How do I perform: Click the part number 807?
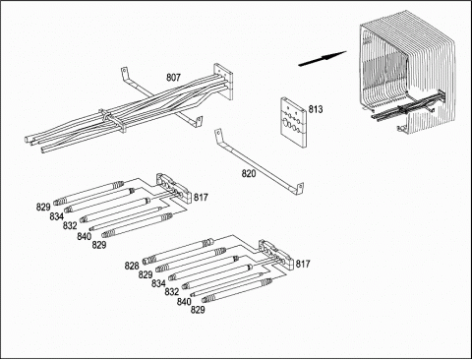tap(173, 78)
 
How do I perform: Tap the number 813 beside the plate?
tap(316, 109)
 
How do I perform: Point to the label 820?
tap(249, 173)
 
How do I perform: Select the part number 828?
tap(132, 266)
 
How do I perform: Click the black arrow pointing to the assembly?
tap(323, 58)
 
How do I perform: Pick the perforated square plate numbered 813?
tap(293, 122)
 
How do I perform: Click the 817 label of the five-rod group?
tap(201, 197)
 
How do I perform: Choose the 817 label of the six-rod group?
tap(303, 264)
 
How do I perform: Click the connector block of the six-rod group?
tap(276, 254)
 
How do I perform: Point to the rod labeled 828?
tap(179, 252)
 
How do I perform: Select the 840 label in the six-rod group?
tap(184, 301)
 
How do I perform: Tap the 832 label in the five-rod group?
tap(70, 225)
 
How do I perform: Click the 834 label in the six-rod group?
tap(158, 283)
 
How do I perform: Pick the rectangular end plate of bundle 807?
tap(223, 82)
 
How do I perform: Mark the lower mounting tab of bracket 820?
tap(300, 190)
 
